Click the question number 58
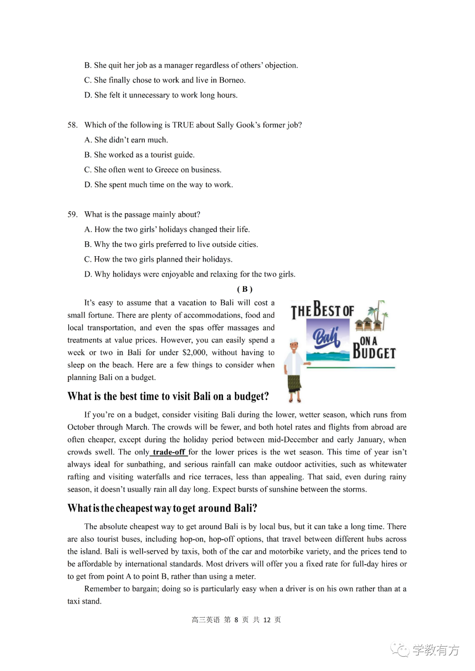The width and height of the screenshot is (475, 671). (x=73, y=125)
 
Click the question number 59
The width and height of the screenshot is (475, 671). (x=73, y=215)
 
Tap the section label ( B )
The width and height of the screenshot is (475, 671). (x=245, y=289)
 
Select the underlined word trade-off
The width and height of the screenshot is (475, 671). (x=169, y=452)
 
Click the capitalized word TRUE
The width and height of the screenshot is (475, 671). (x=183, y=125)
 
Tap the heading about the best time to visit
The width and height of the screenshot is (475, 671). (x=168, y=396)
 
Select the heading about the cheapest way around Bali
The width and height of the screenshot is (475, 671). (x=162, y=508)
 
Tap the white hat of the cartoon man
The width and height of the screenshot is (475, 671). (x=294, y=341)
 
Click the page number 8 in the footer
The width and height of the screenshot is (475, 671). (x=236, y=620)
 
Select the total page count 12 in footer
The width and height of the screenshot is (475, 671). (x=267, y=620)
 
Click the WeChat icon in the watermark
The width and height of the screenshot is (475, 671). (x=399, y=649)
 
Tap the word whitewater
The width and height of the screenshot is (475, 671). (x=388, y=464)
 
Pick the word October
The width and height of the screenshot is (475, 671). (x=81, y=427)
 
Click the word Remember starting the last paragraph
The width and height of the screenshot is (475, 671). (x=104, y=589)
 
